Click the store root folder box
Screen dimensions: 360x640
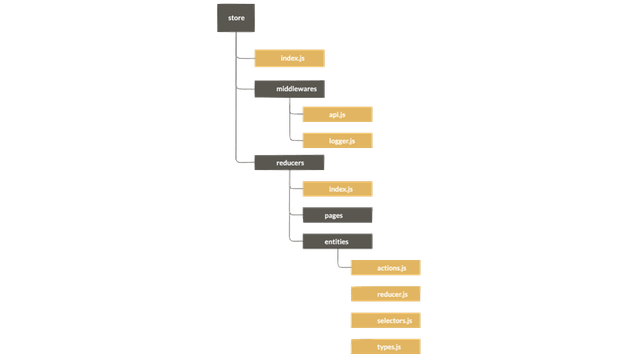click(235, 17)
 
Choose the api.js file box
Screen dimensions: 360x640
click(337, 114)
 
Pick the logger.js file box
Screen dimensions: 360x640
click(337, 141)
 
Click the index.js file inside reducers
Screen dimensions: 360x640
click(337, 188)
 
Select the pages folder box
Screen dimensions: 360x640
click(337, 214)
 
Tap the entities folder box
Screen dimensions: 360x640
click(337, 241)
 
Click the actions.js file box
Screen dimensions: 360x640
click(386, 268)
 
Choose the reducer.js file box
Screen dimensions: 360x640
click(386, 294)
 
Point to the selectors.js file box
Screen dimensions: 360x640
click(386, 320)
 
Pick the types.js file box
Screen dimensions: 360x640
click(386, 346)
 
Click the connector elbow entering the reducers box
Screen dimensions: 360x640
click(240, 160)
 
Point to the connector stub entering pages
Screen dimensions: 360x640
click(294, 214)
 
